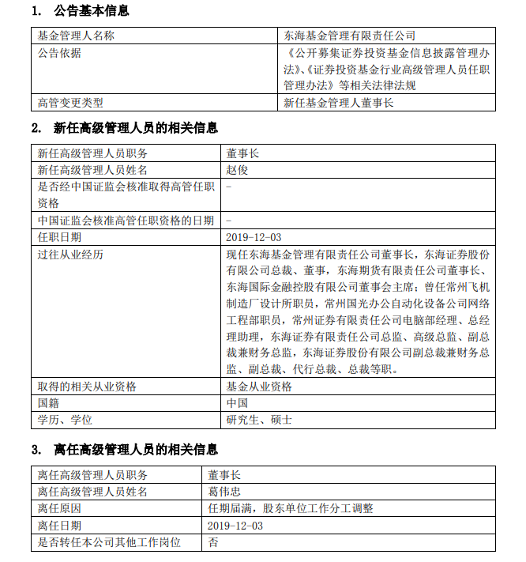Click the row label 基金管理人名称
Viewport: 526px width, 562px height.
pyautogui.click(x=76, y=36)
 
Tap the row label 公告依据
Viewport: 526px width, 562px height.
pyautogui.click(x=59, y=53)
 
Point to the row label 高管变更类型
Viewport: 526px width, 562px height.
pyautogui.click(x=70, y=102)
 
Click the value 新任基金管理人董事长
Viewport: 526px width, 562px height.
pyautogui.click(x=338, y=102)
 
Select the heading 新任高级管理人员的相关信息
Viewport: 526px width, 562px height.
pyautogui.click(x=135, y=128)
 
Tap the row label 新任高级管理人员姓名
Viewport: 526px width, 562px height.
pyautogui.click(x=92, y=170)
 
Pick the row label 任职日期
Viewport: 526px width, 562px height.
pyautogui.click(x=59, y=236)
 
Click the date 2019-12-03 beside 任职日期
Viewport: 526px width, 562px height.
pyautogui.click(x=254, y=236)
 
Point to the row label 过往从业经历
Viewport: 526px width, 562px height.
pyautogui.click(x=70, y=254)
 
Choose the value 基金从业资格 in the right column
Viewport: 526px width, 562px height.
pyautogui.click(x=259, y=387)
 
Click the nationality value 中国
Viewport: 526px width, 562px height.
pyautogui.click(x=238, y=403)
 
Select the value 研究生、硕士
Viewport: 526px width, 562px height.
pyautogui.click(x=259, y=420)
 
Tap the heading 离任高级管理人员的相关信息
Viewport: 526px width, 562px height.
pyautogui.click(x=135, y=450)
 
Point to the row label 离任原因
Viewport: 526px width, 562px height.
pyautogui.click(x=59, y=508)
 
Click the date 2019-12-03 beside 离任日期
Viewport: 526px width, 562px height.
pyautogui.click(x=235, y=525)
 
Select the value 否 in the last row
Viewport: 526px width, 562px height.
pyautogui.click(x=213, y=542)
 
